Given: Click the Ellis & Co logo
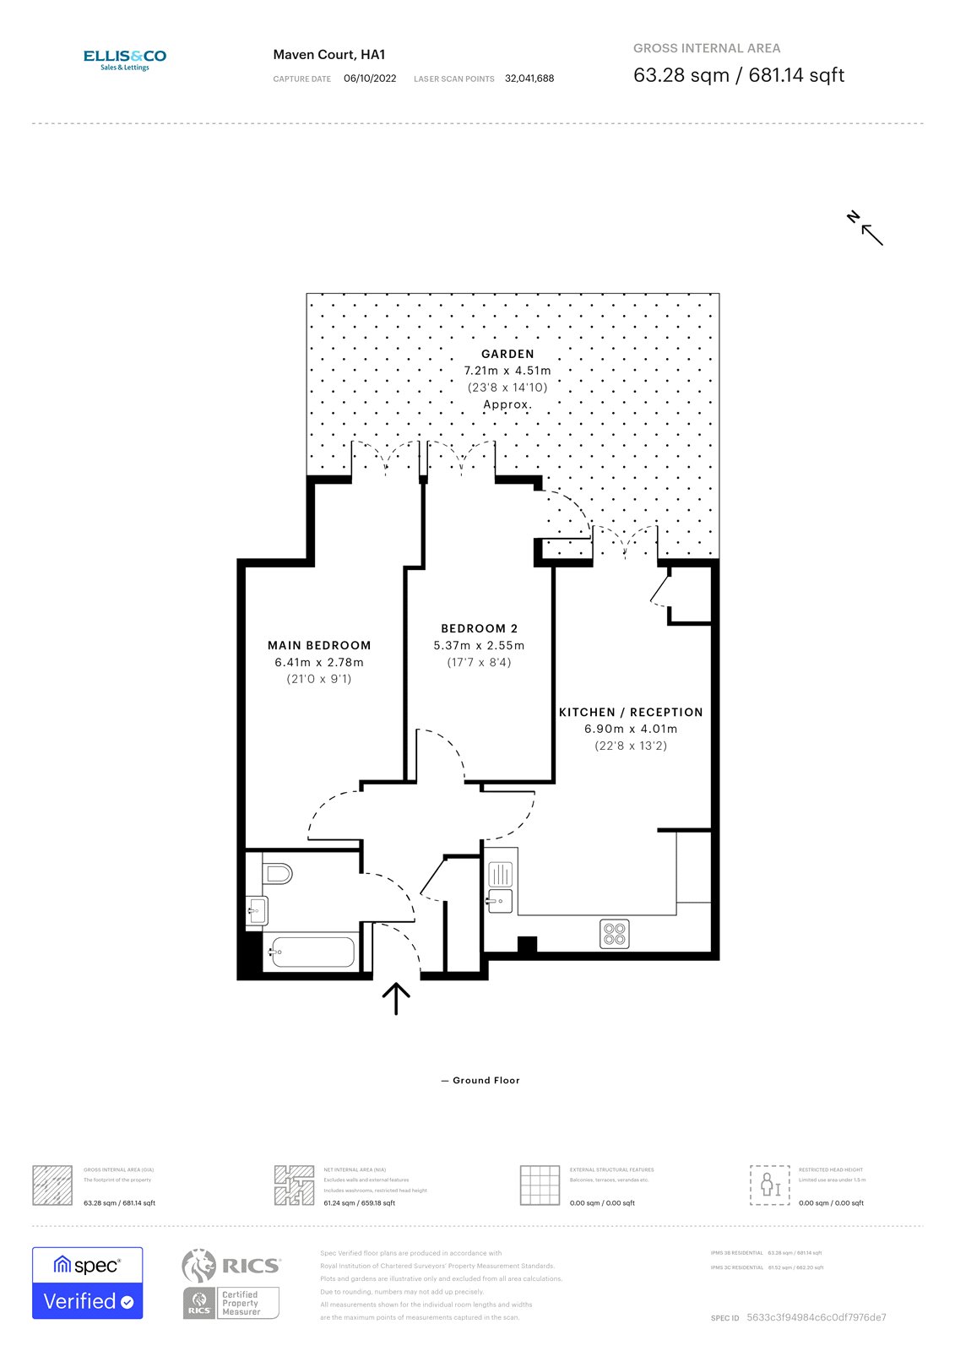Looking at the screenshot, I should (124, 59).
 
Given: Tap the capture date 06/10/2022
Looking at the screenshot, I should (370, 79).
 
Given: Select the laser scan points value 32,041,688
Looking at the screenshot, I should (529, 79).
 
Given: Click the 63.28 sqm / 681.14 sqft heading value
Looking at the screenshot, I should (739, 75).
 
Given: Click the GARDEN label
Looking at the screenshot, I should (507, 354).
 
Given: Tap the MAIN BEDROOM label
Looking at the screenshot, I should (319, 645).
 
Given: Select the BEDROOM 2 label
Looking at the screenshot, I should (480, 628).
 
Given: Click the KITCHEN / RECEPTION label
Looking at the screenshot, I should (631, 712).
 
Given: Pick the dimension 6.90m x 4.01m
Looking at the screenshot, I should (631, 729).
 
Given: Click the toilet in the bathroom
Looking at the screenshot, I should (277, 872).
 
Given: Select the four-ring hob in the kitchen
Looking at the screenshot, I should (615, 933).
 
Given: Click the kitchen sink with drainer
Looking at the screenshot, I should (500, 887).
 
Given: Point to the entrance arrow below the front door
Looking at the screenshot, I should (396, 998).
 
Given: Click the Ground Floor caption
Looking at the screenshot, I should (486, 1080).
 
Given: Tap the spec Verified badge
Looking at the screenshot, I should (88, 1283).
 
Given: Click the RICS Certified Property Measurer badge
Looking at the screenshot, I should (231, 1283).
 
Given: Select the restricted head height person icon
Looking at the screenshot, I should (769, 1185).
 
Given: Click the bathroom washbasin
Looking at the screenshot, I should (257, 910).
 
